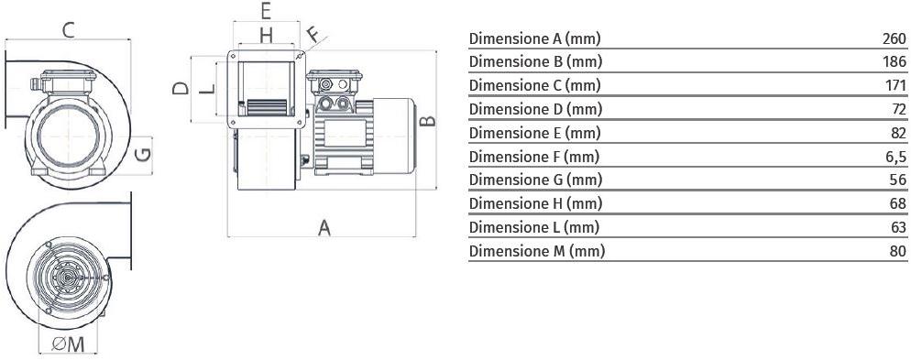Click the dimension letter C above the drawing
coord(69,29)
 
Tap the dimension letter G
coord(143,155)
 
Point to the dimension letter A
coord(324,228)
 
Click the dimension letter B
coord(428,120)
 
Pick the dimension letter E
coord(266,11)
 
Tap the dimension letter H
coord(266,36)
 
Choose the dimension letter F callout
coord(313,34)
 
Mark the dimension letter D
coord(181,88)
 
